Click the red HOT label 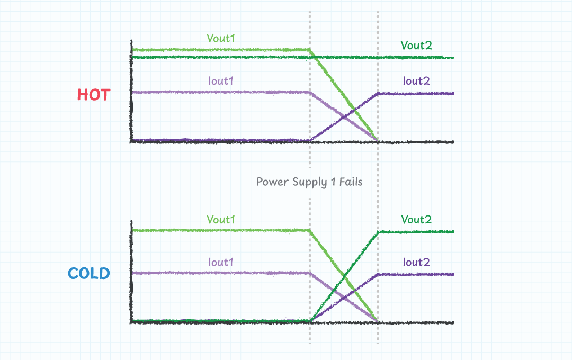(94, 95)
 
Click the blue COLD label (89, 274)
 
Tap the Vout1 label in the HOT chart (221, 39)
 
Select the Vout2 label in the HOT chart (416, 46)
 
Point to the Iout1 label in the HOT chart (221, 81)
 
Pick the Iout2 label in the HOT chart (416, 81)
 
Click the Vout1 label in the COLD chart (221, 219)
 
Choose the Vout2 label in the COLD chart (416, 219)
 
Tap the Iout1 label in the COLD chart (221, 262)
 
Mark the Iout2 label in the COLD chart (416, 262)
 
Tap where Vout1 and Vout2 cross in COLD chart (344, 276)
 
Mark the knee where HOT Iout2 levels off (378, 94)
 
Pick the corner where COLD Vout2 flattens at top (378, 232)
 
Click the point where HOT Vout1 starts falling (310, 50)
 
